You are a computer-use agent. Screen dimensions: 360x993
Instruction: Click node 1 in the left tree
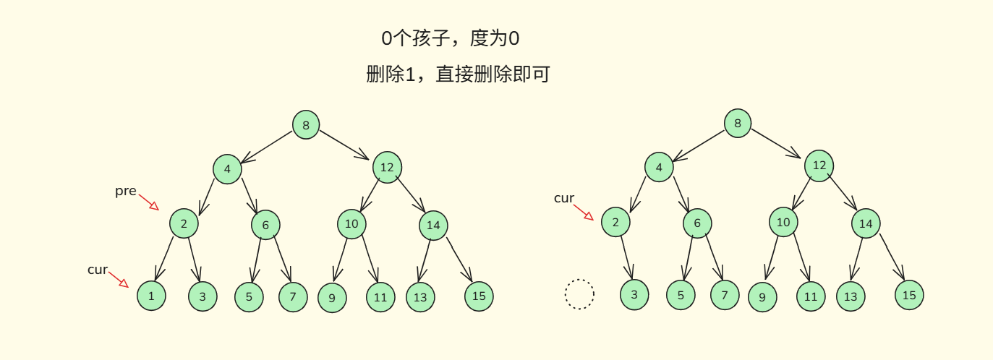151,296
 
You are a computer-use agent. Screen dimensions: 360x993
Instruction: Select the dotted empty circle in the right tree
579,294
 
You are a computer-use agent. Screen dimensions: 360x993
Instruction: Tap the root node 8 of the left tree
306,125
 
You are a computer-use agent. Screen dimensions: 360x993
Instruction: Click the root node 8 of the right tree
738,123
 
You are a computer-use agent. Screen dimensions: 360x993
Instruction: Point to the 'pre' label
125,191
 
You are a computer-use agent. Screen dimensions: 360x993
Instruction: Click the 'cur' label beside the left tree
97,270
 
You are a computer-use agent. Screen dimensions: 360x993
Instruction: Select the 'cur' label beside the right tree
563,198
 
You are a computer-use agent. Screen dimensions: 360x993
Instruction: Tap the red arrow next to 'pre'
149,202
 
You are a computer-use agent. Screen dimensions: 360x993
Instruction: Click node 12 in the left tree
387,167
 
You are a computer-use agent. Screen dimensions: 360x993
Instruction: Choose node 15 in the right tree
909,294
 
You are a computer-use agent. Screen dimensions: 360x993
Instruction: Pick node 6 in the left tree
265,225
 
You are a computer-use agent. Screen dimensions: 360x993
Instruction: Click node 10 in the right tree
783,222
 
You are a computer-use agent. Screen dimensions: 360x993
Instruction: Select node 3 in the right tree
634,294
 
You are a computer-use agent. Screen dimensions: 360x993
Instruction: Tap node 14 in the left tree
433,225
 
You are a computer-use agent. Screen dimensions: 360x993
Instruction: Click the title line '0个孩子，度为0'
450,38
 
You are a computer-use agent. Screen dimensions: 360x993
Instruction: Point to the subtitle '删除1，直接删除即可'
458,74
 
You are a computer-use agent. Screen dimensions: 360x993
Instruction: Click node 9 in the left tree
332,297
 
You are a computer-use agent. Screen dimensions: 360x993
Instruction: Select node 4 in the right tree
659,167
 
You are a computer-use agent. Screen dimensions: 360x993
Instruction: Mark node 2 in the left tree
184,223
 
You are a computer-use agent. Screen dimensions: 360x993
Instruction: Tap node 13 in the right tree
851,296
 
